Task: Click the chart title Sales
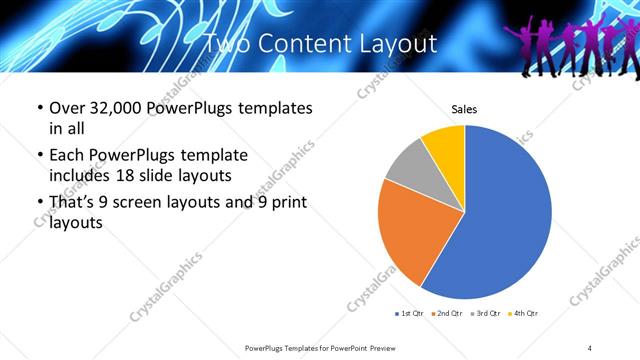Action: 464,108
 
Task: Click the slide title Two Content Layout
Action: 320,44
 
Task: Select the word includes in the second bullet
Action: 78,177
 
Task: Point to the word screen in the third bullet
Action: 146,203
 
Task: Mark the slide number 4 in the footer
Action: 590,347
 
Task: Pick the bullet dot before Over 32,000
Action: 39,108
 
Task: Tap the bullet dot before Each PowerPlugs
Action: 39,156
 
